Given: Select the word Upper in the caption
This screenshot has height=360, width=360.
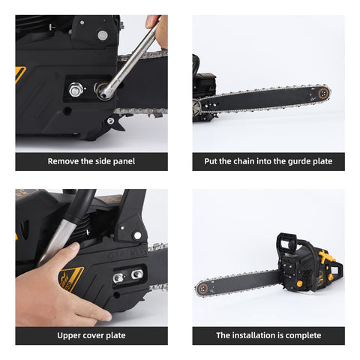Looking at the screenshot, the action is pyautogui.click(x=66, y=336).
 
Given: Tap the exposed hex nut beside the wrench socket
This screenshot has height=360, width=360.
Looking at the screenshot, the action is pyautogui.click(x=75, y=90).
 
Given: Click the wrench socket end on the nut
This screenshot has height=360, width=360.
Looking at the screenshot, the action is pyautogui.click(x=103, y=91).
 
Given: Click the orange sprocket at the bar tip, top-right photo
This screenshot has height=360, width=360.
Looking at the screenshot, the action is pyautogui.click(x=323, y=94).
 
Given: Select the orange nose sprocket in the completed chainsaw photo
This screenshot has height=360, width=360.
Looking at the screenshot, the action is pyautogui.click(x=202, y=289).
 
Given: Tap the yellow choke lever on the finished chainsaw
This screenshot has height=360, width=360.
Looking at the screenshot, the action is pyautogui.click(x=325, y=256).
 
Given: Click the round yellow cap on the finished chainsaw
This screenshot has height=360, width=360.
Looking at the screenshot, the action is pyautogui.click(x=299, y=283).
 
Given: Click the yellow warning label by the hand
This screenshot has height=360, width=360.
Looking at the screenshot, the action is pyautogui.click(x=72, y=278).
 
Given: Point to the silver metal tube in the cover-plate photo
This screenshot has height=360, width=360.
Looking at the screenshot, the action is pyautogui.click(x=58, y=238).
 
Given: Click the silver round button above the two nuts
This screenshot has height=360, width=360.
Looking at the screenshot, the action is pyautogui.click(x=137, y=235).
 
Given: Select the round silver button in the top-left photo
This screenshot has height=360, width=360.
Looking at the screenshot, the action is pyautogui.click(x=102, y=35).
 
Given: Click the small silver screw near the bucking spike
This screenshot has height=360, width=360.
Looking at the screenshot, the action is pyautogui.click(x=110, y=121).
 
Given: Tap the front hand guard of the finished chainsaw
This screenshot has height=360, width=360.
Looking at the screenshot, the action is pyautogui.click(x=286, y=245).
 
